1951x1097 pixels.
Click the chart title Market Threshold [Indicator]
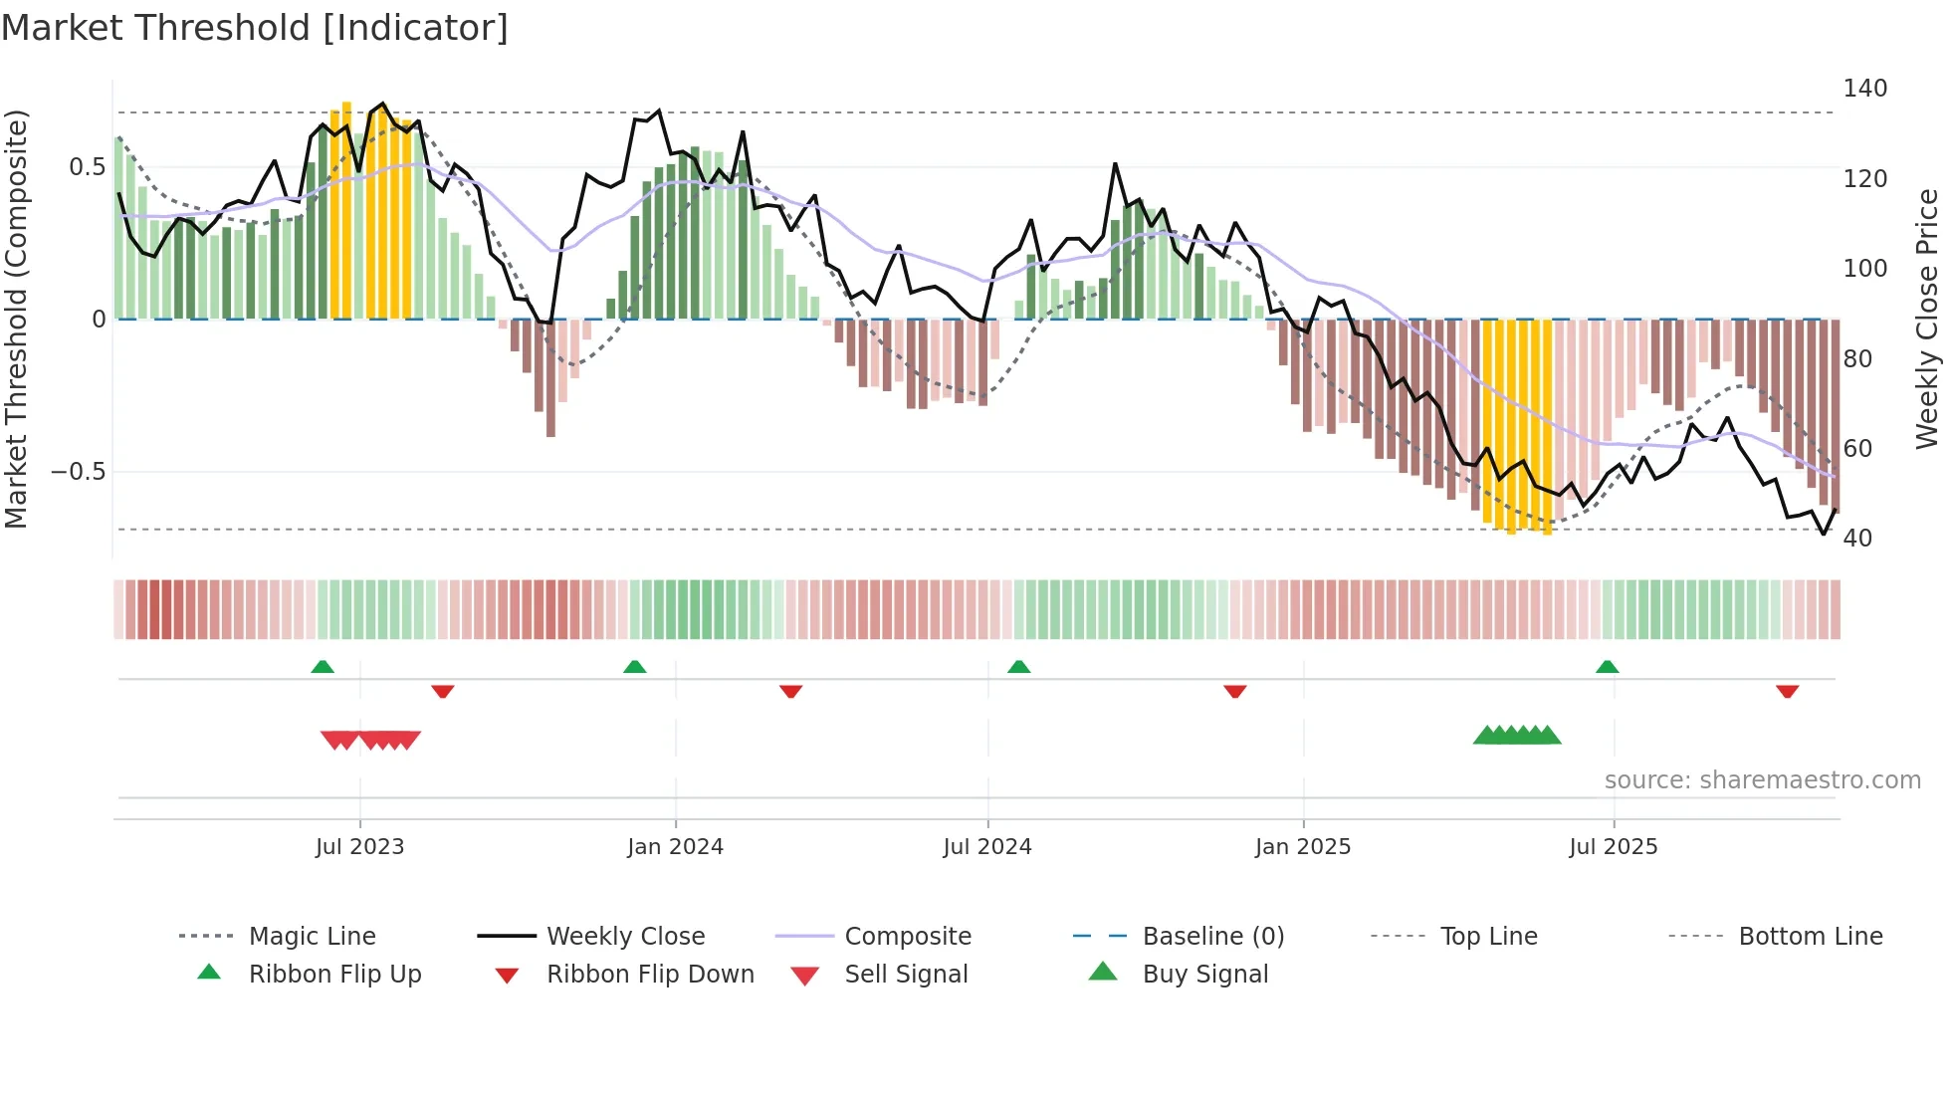point(255,28)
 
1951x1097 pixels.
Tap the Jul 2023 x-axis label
point(359,847)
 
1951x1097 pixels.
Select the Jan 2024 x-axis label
point(675,847)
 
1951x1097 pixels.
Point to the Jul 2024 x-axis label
point(986,847)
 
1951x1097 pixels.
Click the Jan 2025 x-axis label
point(1302,847)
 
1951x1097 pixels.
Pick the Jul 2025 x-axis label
point(1613,847)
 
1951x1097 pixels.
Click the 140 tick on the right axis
point(1864,89)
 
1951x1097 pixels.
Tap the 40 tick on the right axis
point(1857,539)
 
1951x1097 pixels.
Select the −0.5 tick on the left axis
point(79,472)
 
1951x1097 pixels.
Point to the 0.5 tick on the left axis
point(87,167)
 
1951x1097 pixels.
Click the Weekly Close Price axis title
point(1927,319)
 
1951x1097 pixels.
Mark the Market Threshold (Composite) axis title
point(16,319)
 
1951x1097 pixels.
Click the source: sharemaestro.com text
point(1762,780)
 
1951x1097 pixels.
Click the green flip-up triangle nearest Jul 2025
point(1607,667)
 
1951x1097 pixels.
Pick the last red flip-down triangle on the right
point(1787,691)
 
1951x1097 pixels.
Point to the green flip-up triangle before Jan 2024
point(634,667)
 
